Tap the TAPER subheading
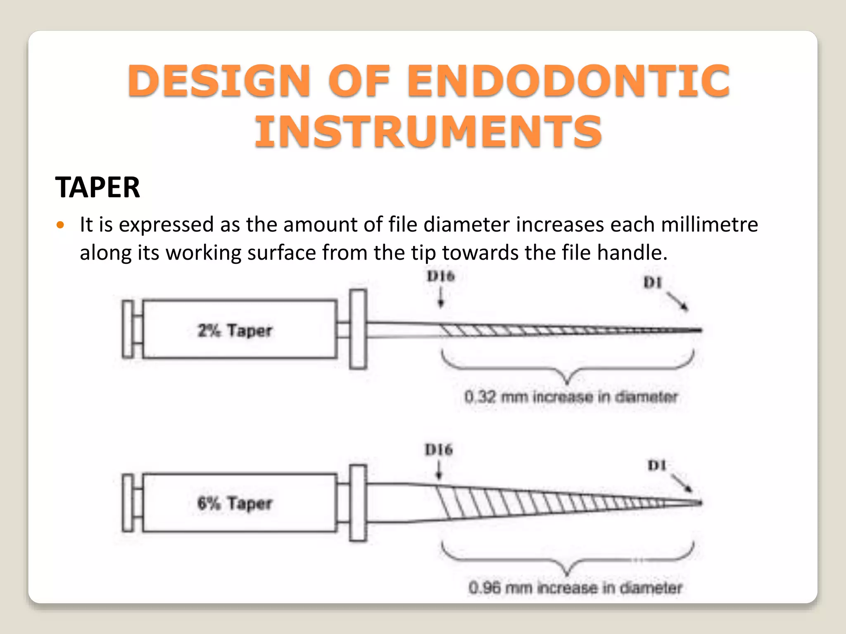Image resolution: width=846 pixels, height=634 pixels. [97, 187]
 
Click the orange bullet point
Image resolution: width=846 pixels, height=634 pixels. [61, 225]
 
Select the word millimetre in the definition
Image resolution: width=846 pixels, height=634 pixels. [709, 225]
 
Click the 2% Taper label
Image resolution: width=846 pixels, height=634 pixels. [235, 331]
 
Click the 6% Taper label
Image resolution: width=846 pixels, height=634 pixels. [235, 503]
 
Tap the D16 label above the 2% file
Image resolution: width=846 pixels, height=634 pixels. [441, 276]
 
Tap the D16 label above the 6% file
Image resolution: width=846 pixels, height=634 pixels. [439, 449]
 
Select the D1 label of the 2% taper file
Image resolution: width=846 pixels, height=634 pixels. [653, 283]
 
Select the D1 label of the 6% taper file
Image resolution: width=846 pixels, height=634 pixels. [657, 466]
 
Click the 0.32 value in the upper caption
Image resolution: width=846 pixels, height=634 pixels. [480, 397]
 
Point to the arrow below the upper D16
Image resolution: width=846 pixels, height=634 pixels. [441, 298]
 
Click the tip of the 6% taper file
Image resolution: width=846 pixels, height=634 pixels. [700, 503]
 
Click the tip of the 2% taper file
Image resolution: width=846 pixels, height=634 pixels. [700, 330]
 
